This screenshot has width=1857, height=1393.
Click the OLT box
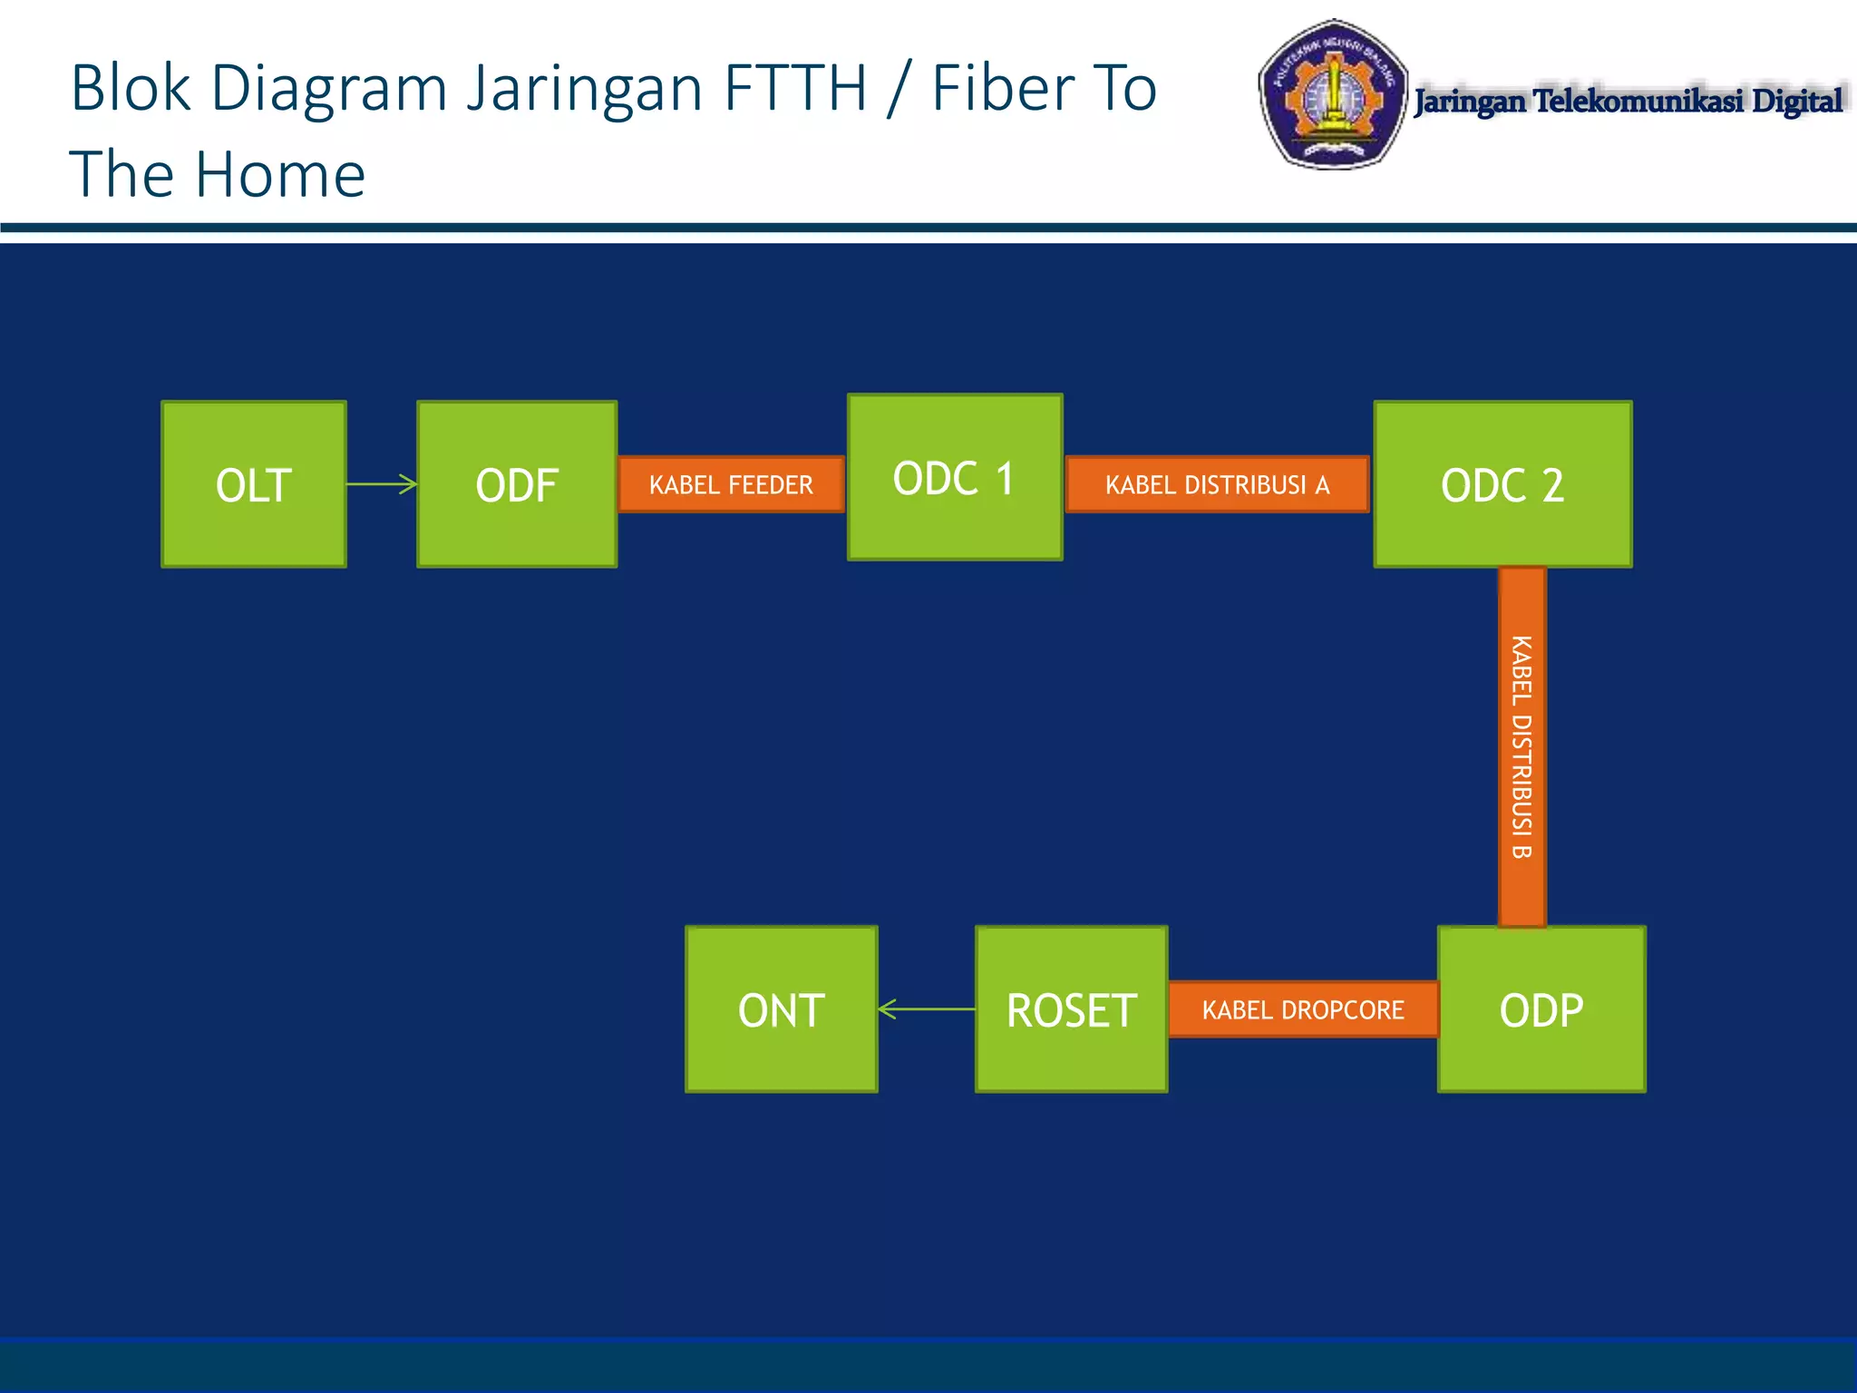click(x=254, y=484)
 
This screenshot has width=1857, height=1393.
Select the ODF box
click(x=517, y=484)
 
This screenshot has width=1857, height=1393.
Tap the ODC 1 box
click(x=955, y=477)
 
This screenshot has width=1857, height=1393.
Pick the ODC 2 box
click(x=1502, y=484)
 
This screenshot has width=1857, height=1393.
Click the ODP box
click(x=1541, y=1009)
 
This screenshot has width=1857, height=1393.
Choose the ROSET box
click(x=1071, y=1009)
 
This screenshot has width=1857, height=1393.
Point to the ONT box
click(x=782, y=1009)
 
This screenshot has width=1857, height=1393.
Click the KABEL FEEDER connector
click(x=731, y=484)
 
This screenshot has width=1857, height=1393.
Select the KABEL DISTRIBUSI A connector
click(x=1217, y=484)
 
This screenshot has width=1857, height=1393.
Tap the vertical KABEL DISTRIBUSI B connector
click(x=1522, y=746)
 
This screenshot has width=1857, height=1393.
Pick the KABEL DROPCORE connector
click(x=1303, y=1009)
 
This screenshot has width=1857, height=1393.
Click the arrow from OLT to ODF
click(x=382, y=484)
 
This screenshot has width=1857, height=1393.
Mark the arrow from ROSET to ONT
click(x=927, y=1008)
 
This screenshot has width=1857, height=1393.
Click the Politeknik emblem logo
click(x=1332, y=94)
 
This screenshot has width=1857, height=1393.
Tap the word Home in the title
click(x=281, y=174)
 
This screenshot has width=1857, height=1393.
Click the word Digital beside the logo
click(x=1797, y=101)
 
